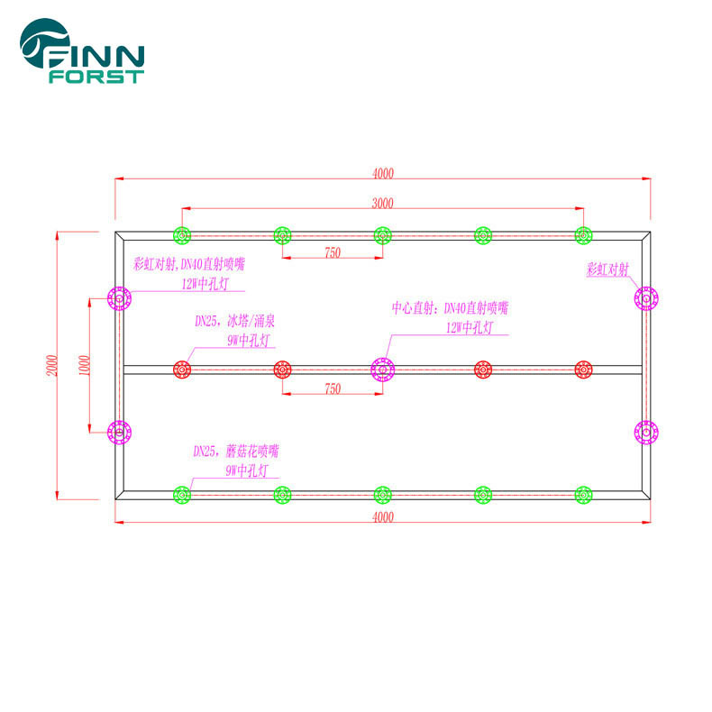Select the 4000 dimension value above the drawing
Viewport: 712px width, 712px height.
click(x=383, y=173)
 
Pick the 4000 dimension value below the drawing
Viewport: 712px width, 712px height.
click(x=383, y=516)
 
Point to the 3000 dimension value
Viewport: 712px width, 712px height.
click(x=383, y=203)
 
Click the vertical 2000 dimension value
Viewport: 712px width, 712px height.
click(x=52, y=364)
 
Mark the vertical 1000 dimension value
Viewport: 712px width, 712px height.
click(x=83, y=364)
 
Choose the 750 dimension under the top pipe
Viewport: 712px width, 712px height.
click(x=332, y=253)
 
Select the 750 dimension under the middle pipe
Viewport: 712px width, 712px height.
click(x=332, y=388)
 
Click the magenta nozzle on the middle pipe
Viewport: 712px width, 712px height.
click(x=383, y=369)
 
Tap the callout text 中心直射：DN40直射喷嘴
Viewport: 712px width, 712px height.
click(x=443, y=308)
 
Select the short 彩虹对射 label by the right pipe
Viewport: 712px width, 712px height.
click(x=606, y=269)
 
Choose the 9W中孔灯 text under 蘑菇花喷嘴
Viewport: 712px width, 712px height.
click(x=246, y=470)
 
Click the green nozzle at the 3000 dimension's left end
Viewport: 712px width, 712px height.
click(x=182, y=235)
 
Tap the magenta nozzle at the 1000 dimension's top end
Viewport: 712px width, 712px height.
click(x=119, y=297)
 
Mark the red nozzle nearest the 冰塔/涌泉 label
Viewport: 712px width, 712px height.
click(x=182, y=369)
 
